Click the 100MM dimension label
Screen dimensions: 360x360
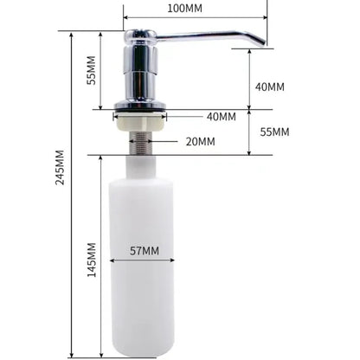[184, 8]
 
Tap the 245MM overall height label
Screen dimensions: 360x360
[61, 167]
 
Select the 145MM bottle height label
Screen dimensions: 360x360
[92, 260]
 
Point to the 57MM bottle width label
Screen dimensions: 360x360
[145, 251]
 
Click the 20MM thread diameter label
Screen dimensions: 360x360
[200, 142]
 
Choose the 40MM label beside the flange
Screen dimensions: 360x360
[222, 117]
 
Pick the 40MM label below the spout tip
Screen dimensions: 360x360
[270, 87]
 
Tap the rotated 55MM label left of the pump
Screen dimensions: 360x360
[92, 70]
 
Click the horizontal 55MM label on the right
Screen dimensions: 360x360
[274, 132]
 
